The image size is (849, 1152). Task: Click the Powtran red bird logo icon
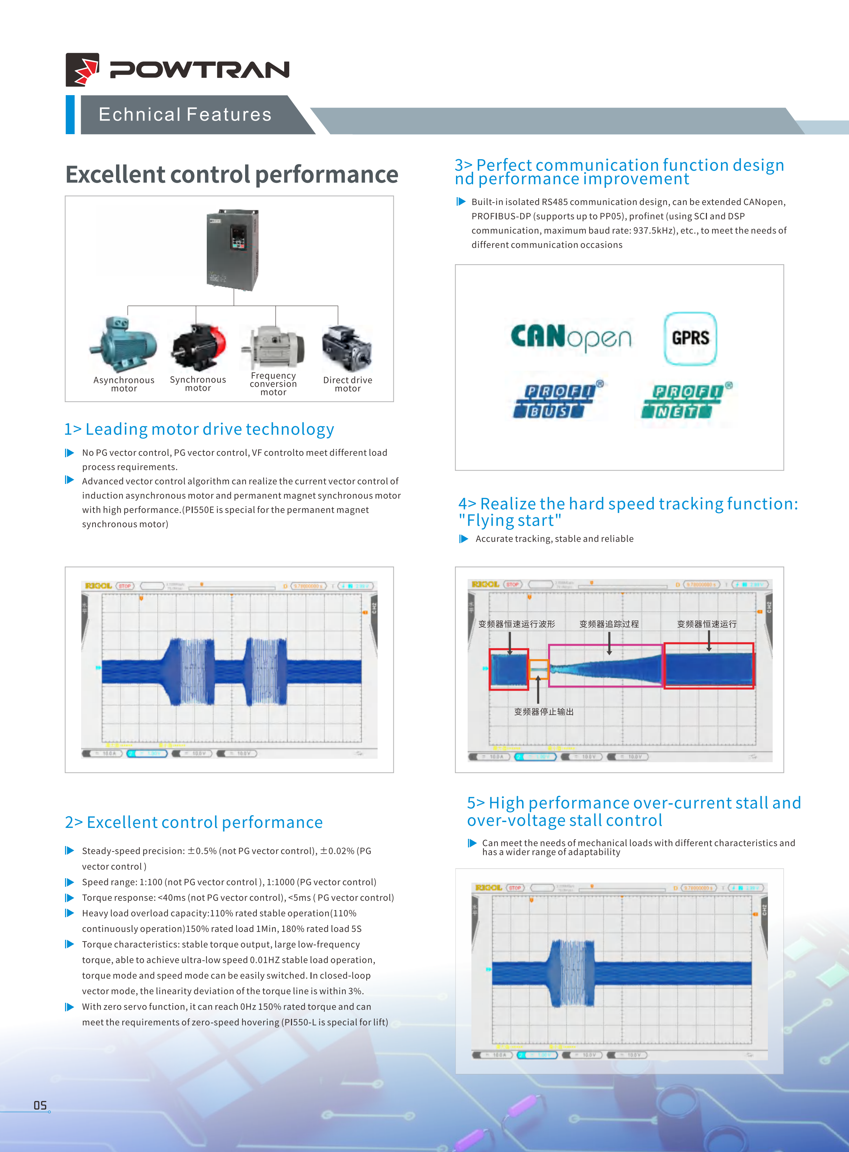[82, 69]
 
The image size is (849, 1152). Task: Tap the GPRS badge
[690, 338]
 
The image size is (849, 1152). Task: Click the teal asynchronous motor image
[123, 343]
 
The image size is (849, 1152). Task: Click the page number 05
[40, 1105]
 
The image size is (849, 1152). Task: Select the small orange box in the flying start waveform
[538, 666]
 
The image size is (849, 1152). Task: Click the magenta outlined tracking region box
[605, 665]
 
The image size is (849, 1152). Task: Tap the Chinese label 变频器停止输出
[544, 712]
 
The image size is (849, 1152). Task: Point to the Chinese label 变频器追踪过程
[609, 624]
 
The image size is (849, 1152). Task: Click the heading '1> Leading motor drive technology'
[199, 429]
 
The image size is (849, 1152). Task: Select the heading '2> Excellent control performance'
[194, 822]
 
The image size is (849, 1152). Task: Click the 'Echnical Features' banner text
[185, 115]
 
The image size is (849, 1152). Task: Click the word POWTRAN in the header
[199, 70]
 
